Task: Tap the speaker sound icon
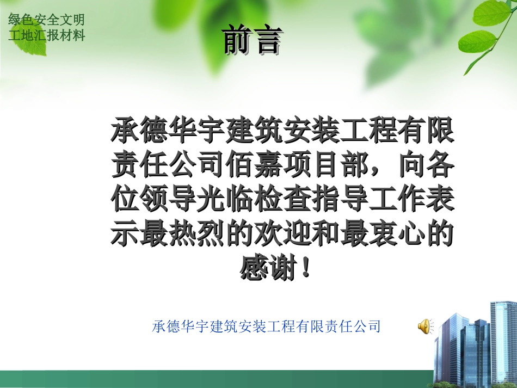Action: click(424, 327)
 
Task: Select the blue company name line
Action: click(266, 327)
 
